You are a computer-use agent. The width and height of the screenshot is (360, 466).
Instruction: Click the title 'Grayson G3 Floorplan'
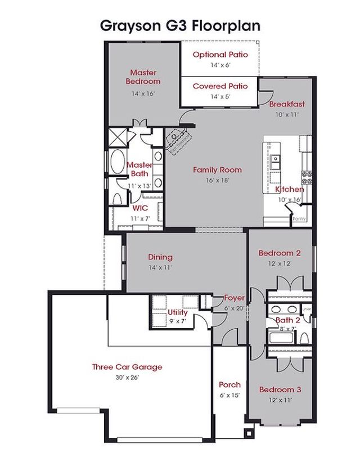(180, 25)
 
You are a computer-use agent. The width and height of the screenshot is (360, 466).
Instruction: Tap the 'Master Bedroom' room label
(143, 77)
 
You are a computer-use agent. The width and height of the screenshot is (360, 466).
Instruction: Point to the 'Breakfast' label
(287, 104)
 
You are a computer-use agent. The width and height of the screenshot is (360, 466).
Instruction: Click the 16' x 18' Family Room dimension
(217, 180)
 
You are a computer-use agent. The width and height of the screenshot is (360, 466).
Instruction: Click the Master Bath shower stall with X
(119, 137)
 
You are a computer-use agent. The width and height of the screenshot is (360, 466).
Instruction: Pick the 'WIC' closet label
(140, 208)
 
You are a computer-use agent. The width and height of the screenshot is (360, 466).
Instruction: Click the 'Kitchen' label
(290, 190)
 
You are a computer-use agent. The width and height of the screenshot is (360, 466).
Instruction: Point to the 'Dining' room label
(160, 257)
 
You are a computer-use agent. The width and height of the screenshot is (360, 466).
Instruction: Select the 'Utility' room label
(178, 312)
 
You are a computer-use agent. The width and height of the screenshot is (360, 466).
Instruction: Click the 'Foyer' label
(234, 298)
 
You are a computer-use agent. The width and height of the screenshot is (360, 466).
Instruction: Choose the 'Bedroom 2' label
(280, 253)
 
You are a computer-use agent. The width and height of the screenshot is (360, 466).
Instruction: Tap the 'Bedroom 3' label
(280, 389)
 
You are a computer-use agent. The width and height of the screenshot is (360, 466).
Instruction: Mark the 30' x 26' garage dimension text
(127, 377)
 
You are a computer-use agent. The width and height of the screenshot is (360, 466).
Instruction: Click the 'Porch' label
(229, 385)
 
